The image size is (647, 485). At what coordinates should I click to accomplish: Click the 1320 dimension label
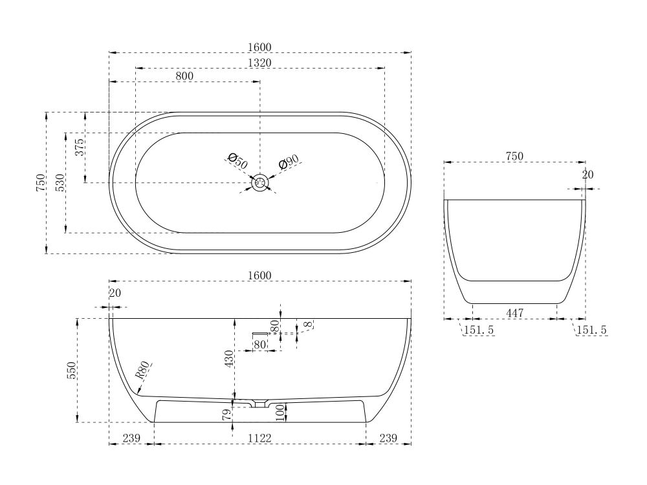tap(259, 62)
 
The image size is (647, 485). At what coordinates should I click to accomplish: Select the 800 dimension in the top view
tap(184, 76)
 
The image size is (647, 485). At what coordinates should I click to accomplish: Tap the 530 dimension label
tap(60, 183)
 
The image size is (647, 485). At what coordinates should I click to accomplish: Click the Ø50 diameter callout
tap(237, 161)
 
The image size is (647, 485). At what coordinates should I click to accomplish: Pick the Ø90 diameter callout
tap(289, 162)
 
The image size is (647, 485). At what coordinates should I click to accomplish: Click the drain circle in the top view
tap(260, 183)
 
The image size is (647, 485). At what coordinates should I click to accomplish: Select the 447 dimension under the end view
tap(514, 313)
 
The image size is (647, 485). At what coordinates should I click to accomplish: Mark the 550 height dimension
tap(72, 370)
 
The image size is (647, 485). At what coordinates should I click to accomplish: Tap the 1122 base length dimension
tap(259, 438)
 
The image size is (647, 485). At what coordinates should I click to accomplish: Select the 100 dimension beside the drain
tap(280, 411)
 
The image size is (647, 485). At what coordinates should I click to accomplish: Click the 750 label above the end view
tap(514, 156)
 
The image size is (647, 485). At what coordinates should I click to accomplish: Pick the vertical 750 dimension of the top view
tap(41, 183)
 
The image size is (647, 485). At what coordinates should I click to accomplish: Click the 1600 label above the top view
tap(259, 47)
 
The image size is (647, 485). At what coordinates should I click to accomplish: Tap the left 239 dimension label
tap(131, 438)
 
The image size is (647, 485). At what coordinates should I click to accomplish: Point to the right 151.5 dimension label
tap(591, 330)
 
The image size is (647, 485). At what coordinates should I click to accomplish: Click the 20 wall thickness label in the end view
tap(587, 175)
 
